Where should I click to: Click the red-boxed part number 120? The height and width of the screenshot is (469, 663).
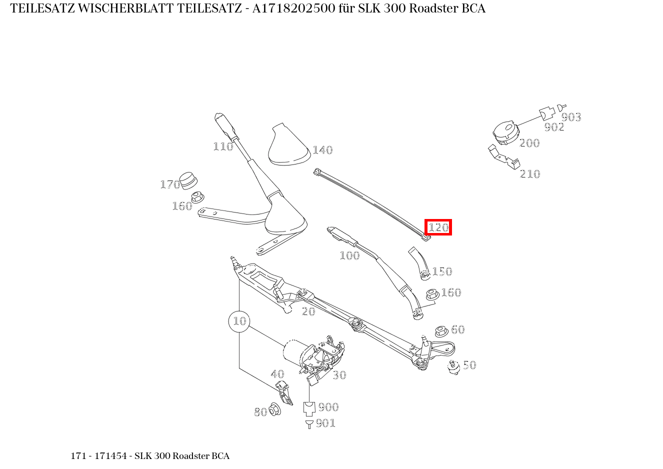click(x=438, y=227)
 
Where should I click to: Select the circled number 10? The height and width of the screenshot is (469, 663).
click(x=239, y=321)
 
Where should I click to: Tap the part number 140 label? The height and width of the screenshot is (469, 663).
click(x=322, y=150)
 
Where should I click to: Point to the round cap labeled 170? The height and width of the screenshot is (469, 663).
click(x=188, y=180)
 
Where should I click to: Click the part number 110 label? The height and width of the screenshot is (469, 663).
click(x=223, y=146)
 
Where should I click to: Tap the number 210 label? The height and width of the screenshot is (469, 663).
click(x=530, y=174)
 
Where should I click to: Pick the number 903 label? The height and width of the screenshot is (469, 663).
click(x=571, y=117)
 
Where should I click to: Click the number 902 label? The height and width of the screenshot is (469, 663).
click(x=554, y=127)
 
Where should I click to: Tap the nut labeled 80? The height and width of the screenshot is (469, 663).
click(x=274, y=409)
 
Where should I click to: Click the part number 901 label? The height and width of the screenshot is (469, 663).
click(x=325, y=423)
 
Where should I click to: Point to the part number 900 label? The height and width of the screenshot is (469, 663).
click(x=328, y=407)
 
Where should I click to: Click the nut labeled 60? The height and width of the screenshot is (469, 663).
click(x=440, y=331)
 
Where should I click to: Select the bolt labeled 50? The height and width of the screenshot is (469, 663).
click(x=453, y=367)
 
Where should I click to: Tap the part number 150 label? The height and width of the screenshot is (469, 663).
click(x=442, y=271)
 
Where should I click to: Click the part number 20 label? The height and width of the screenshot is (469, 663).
click(x=308, y=311)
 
